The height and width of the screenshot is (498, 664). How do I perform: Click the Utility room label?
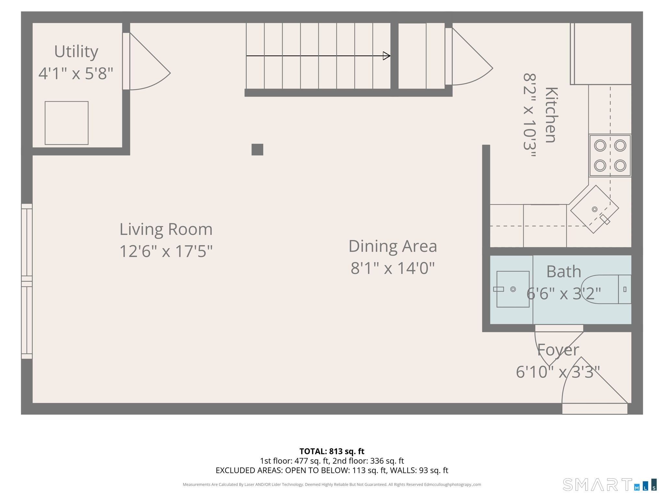point(76,52)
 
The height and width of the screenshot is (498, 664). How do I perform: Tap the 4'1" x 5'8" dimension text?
point(76,74)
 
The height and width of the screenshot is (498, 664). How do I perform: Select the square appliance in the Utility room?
point(66,123)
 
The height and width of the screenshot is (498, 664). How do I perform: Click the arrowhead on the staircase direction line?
point(386,56)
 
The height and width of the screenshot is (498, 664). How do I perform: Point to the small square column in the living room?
point(257,149)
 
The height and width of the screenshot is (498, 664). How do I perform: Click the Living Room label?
point(166,229)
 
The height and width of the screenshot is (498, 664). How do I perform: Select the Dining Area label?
point(392,246)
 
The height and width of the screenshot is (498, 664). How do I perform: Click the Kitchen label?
point(551,115)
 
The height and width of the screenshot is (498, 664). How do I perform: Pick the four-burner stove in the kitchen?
point(610,156)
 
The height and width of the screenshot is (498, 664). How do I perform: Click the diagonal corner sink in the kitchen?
point(594,209)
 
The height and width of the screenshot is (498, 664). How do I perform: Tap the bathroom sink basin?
point(513,289)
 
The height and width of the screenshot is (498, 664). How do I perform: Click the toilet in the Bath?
point(606,289)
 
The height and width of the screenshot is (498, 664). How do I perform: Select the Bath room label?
point(563,271)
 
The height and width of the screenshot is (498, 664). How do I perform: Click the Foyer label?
point(558,350)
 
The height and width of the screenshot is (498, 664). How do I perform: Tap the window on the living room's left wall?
point(27,281)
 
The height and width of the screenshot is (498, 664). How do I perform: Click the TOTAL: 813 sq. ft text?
point(332,451)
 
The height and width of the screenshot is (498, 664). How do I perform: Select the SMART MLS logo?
point(610,485)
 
